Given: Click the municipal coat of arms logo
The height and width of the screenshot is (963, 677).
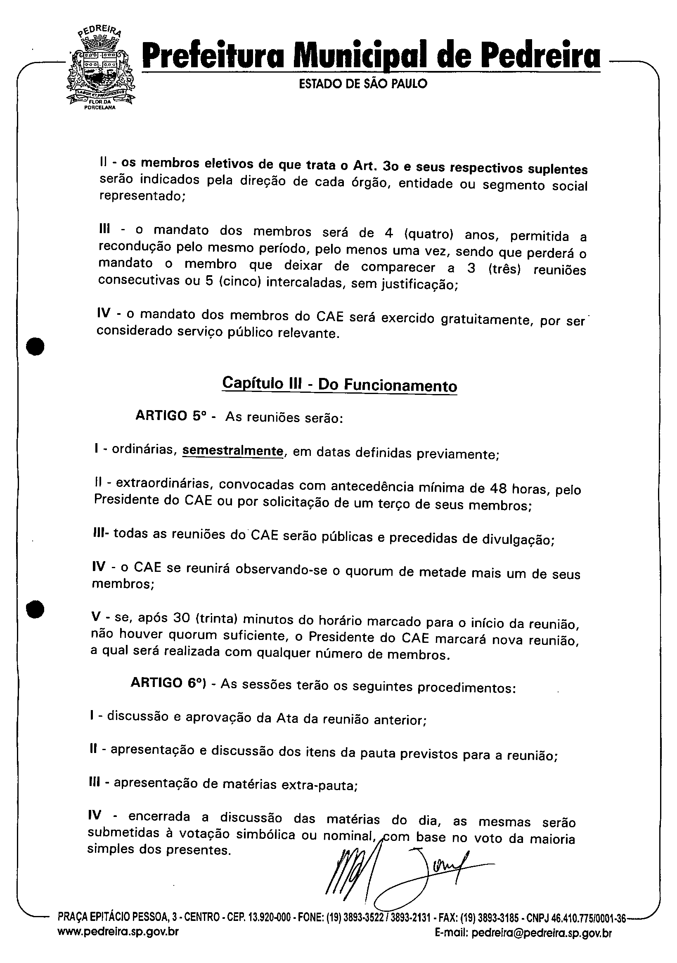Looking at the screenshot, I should (x=101, y=69).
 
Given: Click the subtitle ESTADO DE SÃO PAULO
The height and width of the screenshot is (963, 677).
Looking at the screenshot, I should (x=362, y=84).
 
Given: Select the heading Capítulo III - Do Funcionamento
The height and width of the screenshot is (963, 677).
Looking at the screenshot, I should (x=339, y=384).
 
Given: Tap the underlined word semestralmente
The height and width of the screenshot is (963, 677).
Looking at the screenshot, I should (x=233, y=451).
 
